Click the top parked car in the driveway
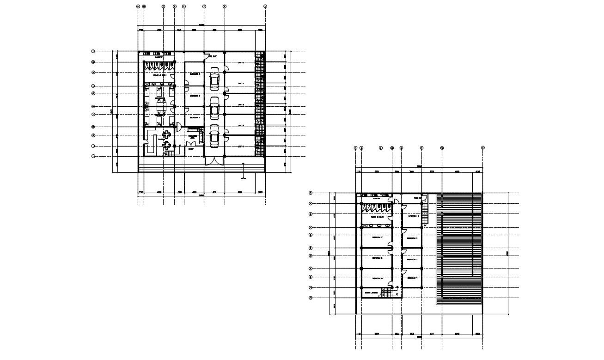214,79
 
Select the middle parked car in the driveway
214,109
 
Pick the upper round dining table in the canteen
167,135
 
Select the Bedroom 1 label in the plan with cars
195,117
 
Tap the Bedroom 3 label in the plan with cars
195,73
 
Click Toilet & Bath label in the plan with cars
159,74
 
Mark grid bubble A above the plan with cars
138,6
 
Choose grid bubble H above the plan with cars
265,6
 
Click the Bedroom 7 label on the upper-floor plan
377,238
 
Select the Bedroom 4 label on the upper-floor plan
412,216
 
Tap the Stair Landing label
371,293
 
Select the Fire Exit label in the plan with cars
213,56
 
